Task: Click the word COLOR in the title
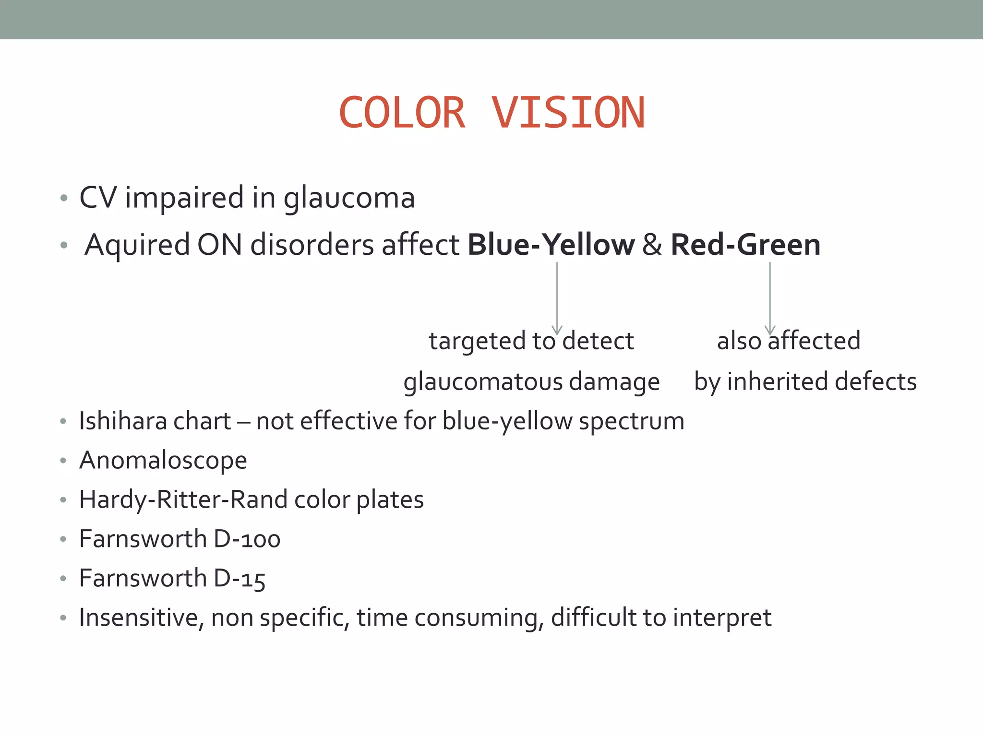point(402,113)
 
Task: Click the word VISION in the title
point(568,113)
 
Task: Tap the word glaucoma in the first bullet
point(349,199)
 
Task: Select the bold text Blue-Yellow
point(551,245)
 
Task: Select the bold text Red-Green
point(745,245)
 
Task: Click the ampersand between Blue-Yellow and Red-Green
point(652,245)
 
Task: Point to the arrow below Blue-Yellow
point(557,297)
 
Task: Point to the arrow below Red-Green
point(770,297)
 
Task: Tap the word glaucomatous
point(482,382)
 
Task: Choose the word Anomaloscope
point(163,461)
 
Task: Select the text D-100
point(247,539)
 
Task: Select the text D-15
point(239,579)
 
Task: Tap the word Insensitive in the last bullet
point(138,618)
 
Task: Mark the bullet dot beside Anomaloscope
point(63,461)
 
